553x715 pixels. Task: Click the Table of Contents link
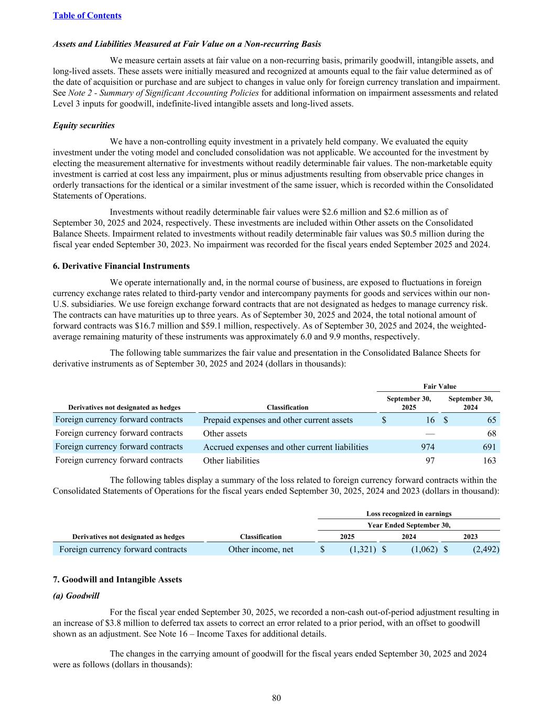[87, 16]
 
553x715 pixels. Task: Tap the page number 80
[277, 698]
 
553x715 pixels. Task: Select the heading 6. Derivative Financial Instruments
[121, 266]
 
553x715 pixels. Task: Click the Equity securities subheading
[84, 126]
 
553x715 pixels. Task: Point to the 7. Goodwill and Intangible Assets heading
[117, 579]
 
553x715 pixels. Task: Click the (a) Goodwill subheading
[76, 596]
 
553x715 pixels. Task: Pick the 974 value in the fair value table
[428, 447]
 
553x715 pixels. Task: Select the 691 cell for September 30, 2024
[489, 447]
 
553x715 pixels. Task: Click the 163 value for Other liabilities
[489, 460]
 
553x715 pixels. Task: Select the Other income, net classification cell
[261, 549]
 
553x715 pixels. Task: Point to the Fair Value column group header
[439, 387]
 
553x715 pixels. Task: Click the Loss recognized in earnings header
[409, 514]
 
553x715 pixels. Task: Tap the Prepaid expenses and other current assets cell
[278, 420]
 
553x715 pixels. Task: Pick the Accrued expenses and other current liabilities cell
[286, 447]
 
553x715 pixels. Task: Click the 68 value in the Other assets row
[491, 433]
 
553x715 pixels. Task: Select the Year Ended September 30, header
[409, 525]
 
